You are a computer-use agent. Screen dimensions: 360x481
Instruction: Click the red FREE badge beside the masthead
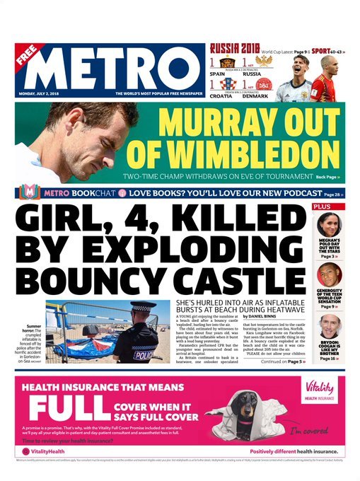tap(29, 56)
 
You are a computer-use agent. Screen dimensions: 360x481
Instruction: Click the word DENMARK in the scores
tap(263, 95)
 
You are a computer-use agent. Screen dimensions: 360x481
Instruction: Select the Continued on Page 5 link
tap(282, 361)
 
